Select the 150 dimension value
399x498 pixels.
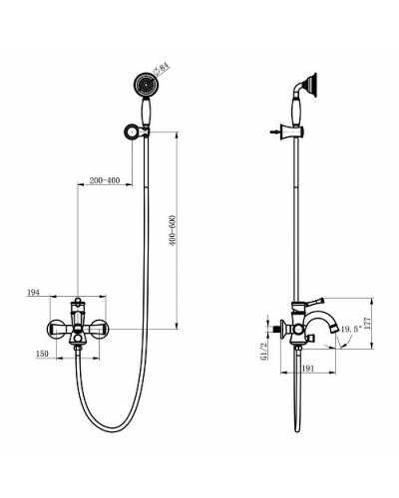coord(42,352)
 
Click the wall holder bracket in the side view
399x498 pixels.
coord(296,132)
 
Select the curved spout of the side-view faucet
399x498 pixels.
coord(329,324)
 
